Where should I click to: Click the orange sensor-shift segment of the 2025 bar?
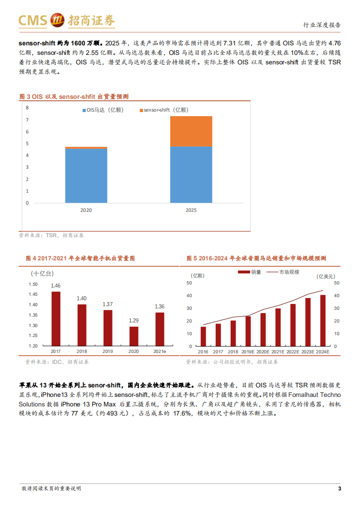click(191, 131)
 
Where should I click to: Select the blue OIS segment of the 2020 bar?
click(86, 176)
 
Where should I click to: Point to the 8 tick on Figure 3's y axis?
click(27, 108)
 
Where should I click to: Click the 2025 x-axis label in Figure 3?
click(191, 210)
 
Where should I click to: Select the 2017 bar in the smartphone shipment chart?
click(56, 318)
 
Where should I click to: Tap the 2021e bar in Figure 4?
click(159, 329)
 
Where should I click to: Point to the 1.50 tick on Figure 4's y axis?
click(33, 284)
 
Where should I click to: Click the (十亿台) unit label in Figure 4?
click(42, 274)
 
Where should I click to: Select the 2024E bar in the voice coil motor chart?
click(323, 320)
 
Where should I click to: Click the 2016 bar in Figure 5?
click(203, 336)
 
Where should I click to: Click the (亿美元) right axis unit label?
click(326, 276)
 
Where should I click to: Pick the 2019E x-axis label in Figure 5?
click(248, 352)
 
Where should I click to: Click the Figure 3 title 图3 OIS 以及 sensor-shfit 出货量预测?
click(74, 97)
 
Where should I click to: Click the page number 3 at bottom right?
click(339, 489)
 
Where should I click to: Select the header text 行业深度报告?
click(321, 25)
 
